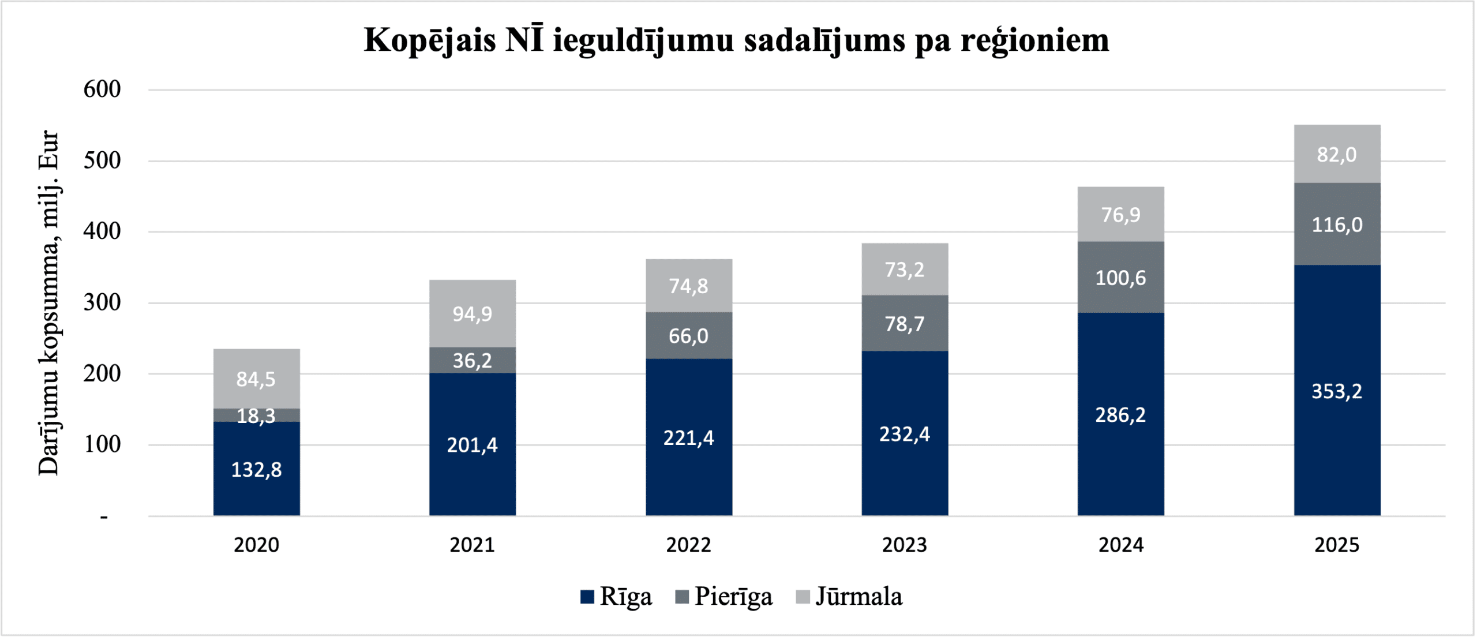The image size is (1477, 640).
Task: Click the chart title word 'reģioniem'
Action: coord(1034,40)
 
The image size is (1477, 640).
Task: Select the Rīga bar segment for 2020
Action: coord(256,469)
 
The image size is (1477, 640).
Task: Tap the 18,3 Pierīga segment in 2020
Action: coord(256,416)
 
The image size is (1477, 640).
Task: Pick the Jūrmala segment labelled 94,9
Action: coord(472,313)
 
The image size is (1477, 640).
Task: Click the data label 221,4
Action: coord(688,438)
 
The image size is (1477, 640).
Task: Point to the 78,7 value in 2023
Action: coord(904,324)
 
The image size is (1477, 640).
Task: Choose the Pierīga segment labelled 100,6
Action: coord(1120,278)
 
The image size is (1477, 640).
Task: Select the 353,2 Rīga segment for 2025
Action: coord(1337,391)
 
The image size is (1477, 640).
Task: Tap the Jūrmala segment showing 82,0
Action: coord(1337,154)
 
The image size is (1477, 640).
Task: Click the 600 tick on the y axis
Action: coord(102,89)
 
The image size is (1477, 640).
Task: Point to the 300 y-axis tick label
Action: coord(102,302)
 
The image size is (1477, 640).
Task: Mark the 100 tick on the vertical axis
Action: coord(102,444)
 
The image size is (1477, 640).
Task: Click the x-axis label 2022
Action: coord(688,545)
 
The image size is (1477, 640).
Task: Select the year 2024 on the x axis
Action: coord(1120,545)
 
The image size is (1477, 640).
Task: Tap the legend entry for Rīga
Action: coord(616,597)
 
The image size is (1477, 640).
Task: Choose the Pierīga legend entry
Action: coord(723,597)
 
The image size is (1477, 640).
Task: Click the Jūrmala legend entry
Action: coord(849,597)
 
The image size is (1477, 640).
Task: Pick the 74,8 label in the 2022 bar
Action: coord(688,286)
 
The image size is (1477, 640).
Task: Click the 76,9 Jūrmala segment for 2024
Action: coord(1120,214)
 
